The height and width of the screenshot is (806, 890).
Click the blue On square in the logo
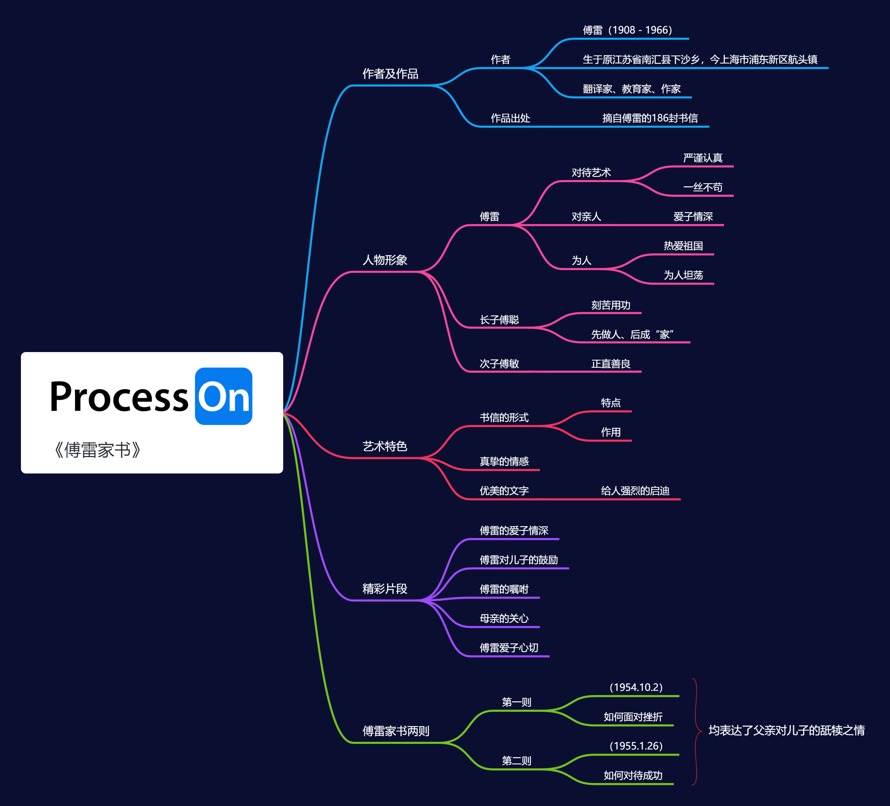[x=224, y=396]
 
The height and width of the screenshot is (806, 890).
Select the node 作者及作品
[x=390, y=74]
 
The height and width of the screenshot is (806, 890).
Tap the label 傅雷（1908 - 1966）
[x=627, y=30]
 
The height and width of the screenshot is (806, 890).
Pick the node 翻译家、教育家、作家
[x=631, y=89]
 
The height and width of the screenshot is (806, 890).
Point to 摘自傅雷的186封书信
[x=650, y=118]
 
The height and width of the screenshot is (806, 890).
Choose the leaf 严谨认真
[x=702, y=158]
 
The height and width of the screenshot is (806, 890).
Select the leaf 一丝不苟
[x=702, y=187]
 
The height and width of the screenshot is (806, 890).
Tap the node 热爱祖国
[x=683, y=246]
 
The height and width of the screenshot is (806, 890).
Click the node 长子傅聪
[x=499, y=319]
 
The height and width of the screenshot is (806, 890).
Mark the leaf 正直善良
[x=611, y=364]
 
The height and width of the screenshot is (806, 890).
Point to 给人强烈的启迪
[x=635, y=491]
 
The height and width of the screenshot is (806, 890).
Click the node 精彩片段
[x=385, y=588]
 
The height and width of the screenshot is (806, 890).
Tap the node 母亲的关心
[x=504, y=618]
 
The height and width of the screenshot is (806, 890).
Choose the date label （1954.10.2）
[x=636, y=687]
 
